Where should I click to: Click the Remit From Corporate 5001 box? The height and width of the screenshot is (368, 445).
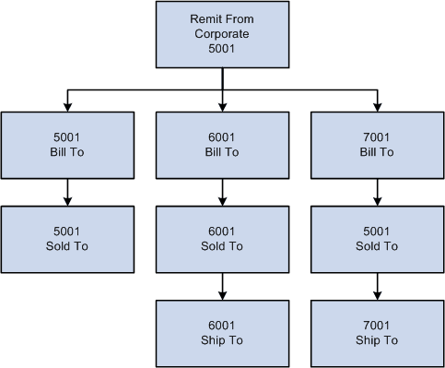tap(222, 36)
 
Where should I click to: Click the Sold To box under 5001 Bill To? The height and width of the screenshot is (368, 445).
tap(67, 239)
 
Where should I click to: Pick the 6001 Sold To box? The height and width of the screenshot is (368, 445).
tap(222, 239)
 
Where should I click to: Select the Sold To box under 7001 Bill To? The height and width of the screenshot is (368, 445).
tap(377, 239)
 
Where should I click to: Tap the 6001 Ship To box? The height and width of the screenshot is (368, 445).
tap(222, 333)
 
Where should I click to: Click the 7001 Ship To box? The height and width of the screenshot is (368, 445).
tap(377, 333)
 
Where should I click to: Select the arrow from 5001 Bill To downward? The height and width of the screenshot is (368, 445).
tap(67, 191)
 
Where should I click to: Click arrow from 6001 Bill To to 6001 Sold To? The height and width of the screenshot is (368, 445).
tap(222, 191)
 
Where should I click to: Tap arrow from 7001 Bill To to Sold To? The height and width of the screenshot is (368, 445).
tap(377, 191)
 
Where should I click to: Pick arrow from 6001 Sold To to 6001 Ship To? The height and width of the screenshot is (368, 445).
tap(222, 285)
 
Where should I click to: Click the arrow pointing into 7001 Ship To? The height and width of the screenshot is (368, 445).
tap(377, 285)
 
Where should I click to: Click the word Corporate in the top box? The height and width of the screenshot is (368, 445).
tap(222, 36)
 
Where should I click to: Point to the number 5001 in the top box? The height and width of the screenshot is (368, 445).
tap(222, 50)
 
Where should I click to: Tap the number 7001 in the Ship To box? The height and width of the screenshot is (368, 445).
tap(377, 326)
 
